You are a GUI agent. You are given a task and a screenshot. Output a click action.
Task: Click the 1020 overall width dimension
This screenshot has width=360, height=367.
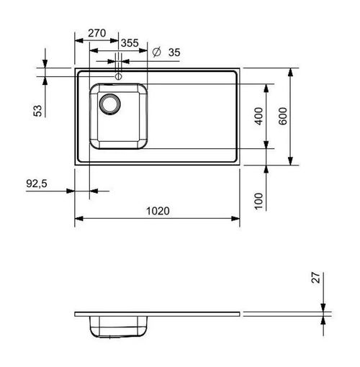[158, 211]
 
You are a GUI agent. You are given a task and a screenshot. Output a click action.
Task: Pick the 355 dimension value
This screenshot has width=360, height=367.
[130, 43]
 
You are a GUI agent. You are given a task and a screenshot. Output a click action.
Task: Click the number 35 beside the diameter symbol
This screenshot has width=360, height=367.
[174, 53]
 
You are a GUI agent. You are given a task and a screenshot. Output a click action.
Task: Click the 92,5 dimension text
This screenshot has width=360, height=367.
[37, 183]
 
